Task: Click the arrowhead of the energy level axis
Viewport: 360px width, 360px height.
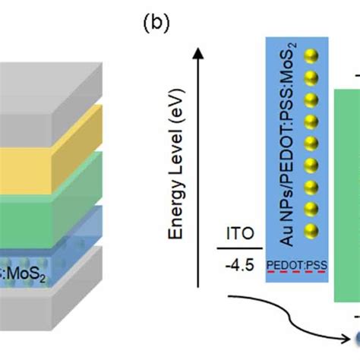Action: [x=199, y=51]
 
